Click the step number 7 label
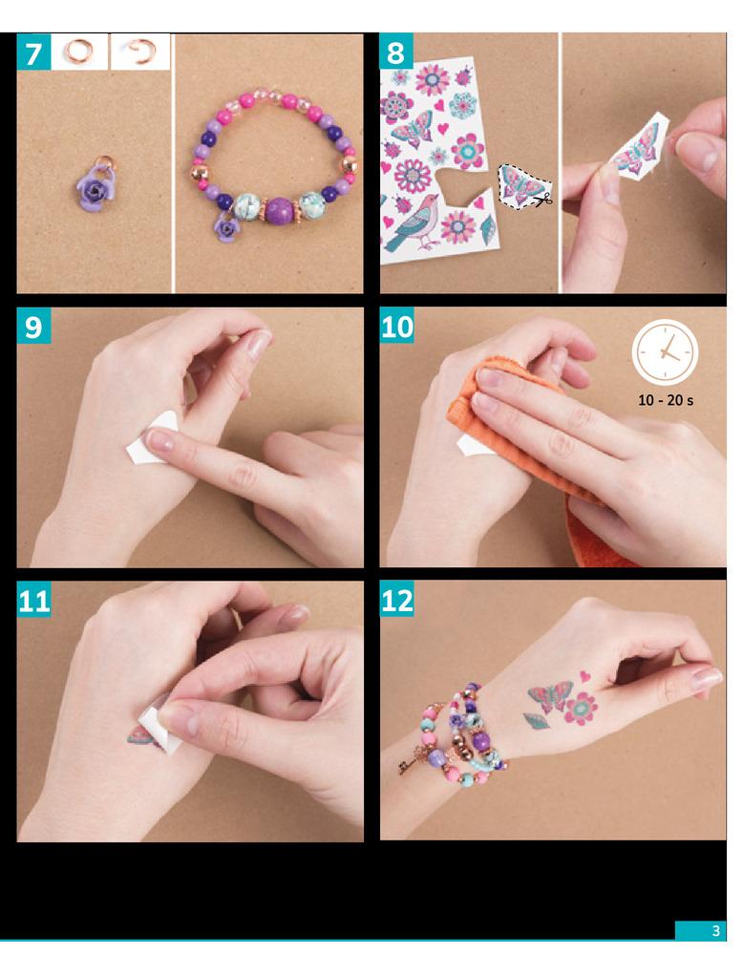click(33, 52)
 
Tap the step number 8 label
click(396, 52)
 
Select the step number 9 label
click(33, 326)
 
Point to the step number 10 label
click(396, 326)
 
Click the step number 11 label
click(33, 600)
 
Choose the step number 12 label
click(396, 600)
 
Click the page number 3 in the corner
click(716, 930)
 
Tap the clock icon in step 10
click(665, 352)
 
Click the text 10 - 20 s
click(665, 400)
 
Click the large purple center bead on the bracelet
click(280, 211)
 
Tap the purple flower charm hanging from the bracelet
click(226, 228)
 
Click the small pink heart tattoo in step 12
click(584, 675)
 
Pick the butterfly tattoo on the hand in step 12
click(550, 695)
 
